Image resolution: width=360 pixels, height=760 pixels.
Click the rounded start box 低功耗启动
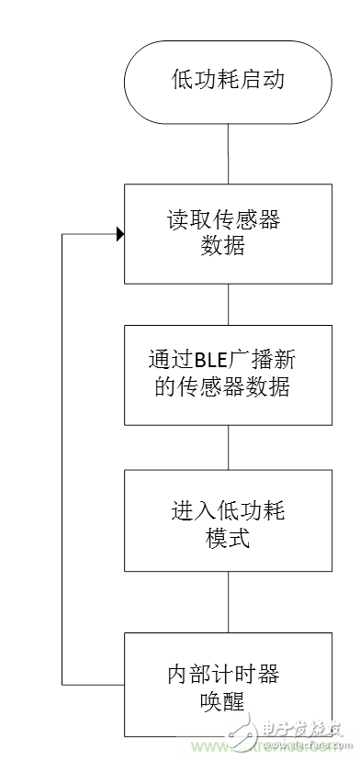(228, 80)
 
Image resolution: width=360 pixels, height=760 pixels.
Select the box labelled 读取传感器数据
(228, 234)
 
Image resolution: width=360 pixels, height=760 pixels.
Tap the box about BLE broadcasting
(228, 374)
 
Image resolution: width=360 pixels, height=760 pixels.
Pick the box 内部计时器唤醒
(228, 686)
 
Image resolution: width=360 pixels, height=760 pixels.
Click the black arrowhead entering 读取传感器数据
(119, 234)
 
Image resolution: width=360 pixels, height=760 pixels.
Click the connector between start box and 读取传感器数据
(228, 152)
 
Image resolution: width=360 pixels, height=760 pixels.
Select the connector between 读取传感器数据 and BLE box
(228, 304)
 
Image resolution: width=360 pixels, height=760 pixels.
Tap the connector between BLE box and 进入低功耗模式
(228, 447)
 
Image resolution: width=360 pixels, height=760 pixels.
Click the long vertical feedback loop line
(62, 459)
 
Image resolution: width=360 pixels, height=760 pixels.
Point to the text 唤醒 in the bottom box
(228, 702)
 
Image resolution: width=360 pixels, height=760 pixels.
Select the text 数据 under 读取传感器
(228, 249)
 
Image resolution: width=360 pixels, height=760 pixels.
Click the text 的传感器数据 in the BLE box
(228, 388)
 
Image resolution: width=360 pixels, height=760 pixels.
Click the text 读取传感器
(228, 221)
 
